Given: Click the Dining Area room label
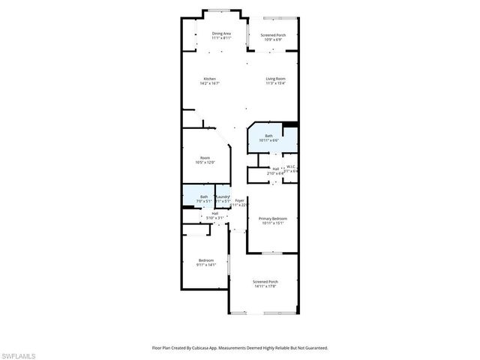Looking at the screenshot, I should (220, 34).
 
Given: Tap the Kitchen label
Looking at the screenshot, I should (210, 79).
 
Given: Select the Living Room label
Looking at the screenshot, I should (275, 79).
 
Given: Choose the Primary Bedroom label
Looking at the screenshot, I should (273, 219).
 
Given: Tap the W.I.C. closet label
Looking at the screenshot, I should (291, 167).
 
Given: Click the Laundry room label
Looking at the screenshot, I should (223, 196).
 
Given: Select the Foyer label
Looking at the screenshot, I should (239, 200).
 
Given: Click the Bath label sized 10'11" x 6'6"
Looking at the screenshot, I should (268, 136).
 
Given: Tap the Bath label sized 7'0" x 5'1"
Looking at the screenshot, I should (193, 196).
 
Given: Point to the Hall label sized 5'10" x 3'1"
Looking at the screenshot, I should (214, 214).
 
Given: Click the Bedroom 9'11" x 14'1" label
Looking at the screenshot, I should (205, 262).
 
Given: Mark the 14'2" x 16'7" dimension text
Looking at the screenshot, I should (210, 83).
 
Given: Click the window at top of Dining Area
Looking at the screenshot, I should (221, 11).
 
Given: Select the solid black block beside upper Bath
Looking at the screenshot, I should (291, 124).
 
